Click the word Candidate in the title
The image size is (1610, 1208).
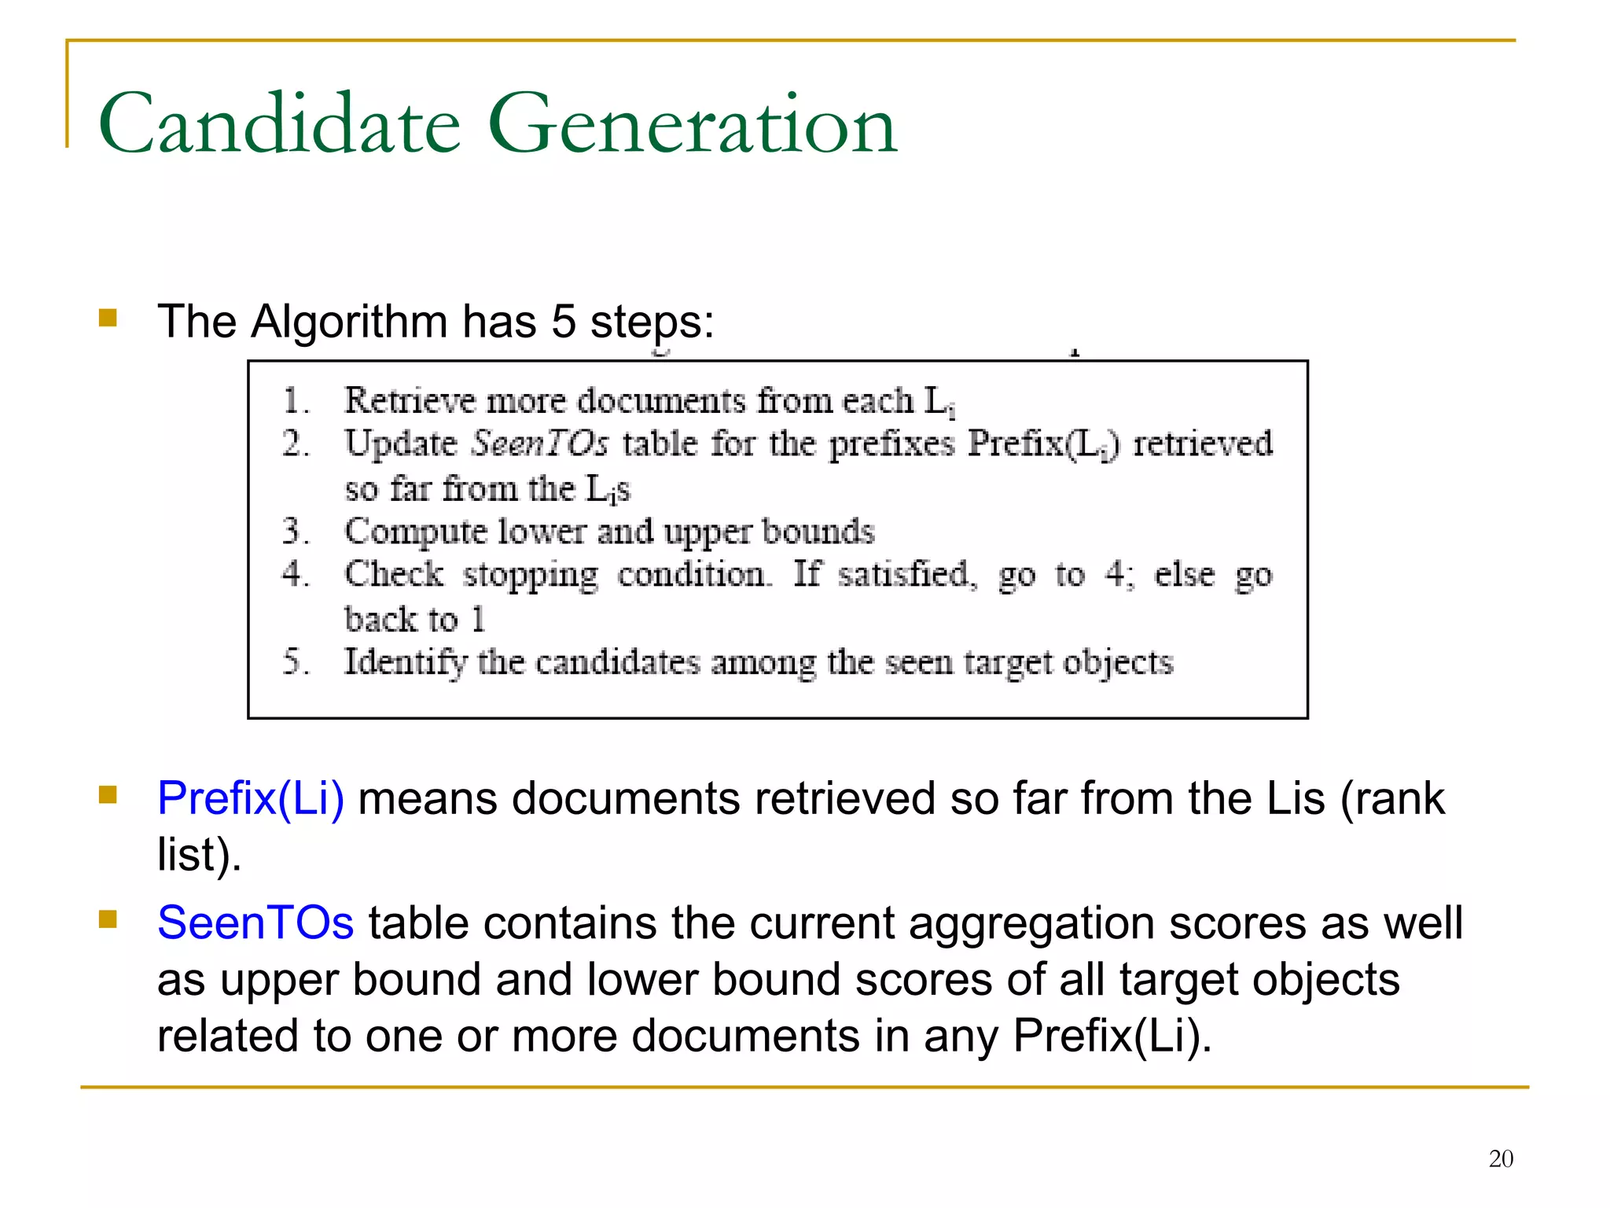(x=279, y=124)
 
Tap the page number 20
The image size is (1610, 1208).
(x=1501, y=1158)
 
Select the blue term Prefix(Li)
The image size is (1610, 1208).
(x=251, y=798)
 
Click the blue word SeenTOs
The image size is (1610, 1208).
(x=255, y=923)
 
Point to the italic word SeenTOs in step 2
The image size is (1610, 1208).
(x=539, y=444)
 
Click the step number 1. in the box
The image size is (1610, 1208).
(x=295, y=401)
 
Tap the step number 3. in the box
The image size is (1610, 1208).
(x=295, y=532)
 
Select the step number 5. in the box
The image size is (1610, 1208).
(x=295, y=662)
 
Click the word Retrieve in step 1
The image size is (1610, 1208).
(x=410, y=401)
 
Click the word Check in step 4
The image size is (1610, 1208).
(x=394, y=574)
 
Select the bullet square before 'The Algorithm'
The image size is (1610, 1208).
(x=108, y=318)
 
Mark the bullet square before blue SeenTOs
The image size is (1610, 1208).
(x=108, y=919)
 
